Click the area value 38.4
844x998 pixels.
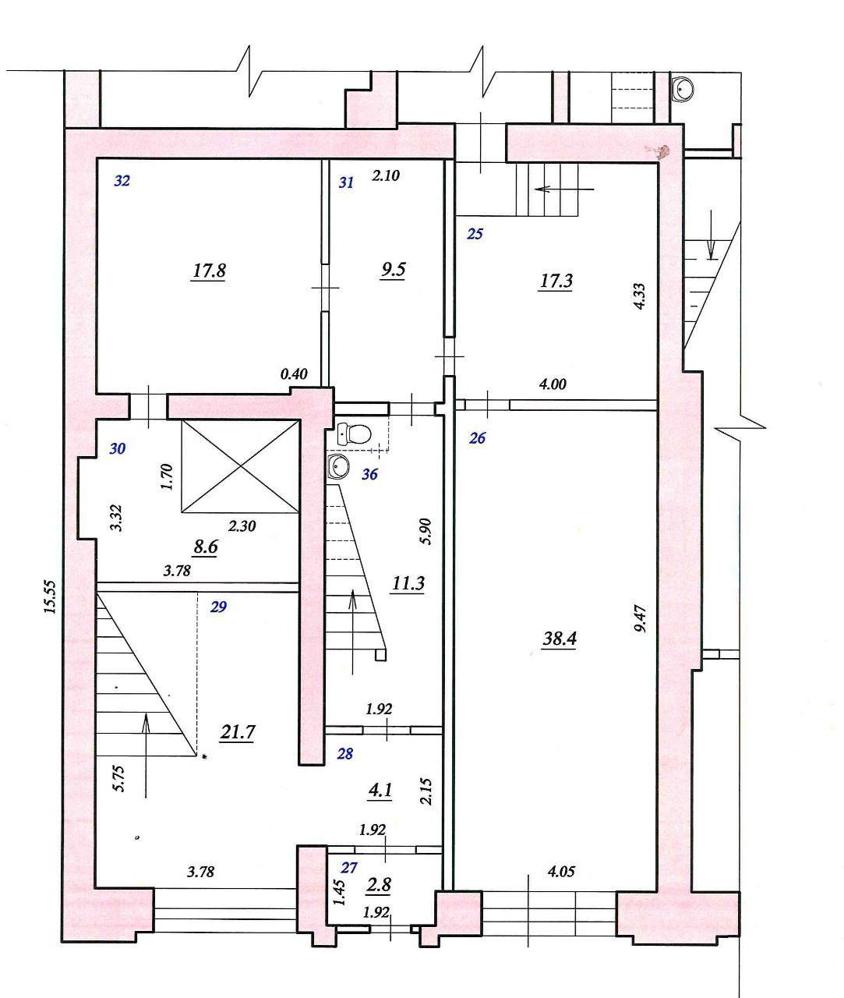pos(560,639)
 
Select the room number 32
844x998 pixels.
pos(122,181)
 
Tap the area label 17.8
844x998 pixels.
pos(209,271)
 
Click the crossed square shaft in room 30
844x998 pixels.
pos(240,466)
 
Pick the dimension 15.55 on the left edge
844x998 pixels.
pos(50,596)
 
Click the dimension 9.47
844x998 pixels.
pos(641,620)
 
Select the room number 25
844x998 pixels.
pos(475,234)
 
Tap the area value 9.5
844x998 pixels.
pos(394,269)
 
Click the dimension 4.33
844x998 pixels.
pos(639,296)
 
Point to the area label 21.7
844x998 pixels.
pos(238,732)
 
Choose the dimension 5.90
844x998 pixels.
pos(426,531)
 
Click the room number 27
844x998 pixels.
pos(349,868)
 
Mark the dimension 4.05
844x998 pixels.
pos(561,871)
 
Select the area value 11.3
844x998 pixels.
pos(408,582)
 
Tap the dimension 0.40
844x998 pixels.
pos(294,373)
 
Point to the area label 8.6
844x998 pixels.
pos(206,547)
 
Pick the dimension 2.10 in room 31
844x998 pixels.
pos(386,175)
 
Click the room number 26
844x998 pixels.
pos(477,438)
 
